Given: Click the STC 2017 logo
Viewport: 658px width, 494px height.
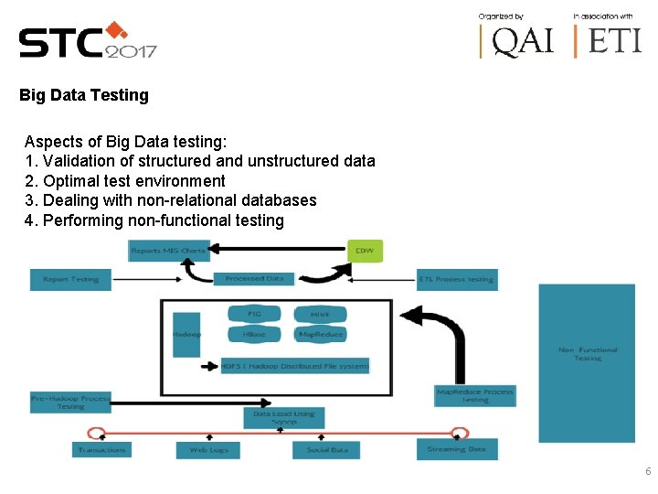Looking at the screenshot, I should pyautogui.click(x=88, y=41).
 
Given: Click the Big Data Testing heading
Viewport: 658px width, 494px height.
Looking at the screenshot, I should pyautogui.click(x=83, y=95).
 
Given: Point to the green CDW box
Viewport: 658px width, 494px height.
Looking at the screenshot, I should pyautogui.click(x=366, y=250).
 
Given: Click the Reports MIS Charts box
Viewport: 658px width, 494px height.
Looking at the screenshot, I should pyautogui.click(x=169, y=250).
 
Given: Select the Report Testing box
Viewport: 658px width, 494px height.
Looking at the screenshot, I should pyautogui.click(x=70, y=279).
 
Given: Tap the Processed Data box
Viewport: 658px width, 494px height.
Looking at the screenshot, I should pyautogui.click(x=254, y=278).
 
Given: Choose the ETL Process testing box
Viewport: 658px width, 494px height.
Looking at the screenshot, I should pyautogui.click(x=457, y=279).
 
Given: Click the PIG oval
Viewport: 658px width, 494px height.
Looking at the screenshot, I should pyautogui.click(x=254, y=314).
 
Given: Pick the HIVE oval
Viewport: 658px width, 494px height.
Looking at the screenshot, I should pyautogui.click(x=320, y=314).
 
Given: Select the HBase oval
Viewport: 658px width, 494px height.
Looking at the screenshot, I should pyautogui.click(x=254, y=334).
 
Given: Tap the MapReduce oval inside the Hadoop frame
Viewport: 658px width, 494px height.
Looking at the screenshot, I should pyautogui.click(x=320, y=334).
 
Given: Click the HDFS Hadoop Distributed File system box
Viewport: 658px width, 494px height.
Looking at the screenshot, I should pyautogui.click(x=295, y=366).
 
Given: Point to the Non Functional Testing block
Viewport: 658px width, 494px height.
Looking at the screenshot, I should pyautogui.click(x=587, y=363).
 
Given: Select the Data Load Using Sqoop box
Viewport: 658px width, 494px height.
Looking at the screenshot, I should pyautogui.click(x=283, y=418).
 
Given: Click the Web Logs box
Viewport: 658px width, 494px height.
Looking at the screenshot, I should pyautogui.click(x=208, y=450).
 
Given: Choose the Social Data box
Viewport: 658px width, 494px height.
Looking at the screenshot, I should pyautogui.click(x=326, y=450).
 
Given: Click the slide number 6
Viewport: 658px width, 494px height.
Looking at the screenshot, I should pyautogui.click(x=648, y=472).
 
